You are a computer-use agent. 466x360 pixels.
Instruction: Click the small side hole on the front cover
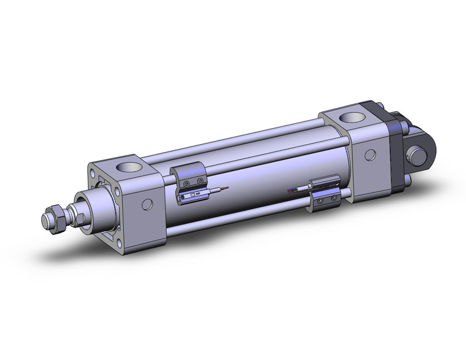(147, 204)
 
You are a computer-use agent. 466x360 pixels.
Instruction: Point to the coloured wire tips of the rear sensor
(292, 191)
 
